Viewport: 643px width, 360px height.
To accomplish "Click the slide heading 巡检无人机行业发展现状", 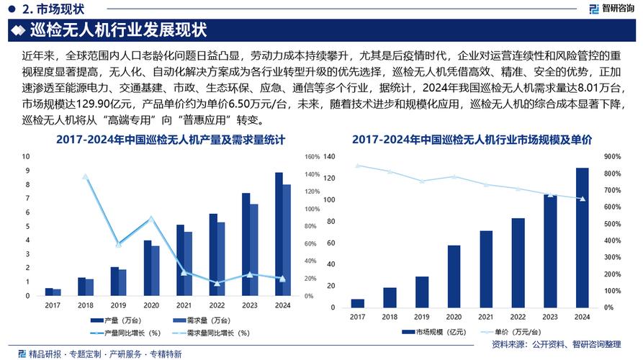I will click(x=119, y=31).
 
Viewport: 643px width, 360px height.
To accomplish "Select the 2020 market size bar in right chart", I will click(x=454, y=276).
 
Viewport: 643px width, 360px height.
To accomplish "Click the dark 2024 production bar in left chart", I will click(x=279, y=234).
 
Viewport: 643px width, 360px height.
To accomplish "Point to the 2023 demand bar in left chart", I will click(x=253, y=250).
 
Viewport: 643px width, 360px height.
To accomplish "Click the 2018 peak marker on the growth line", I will click(x=86, y=176).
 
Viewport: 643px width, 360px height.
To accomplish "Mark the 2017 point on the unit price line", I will click(x=358, y=166).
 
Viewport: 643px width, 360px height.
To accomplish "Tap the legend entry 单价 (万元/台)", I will click(x=517, y=332).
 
